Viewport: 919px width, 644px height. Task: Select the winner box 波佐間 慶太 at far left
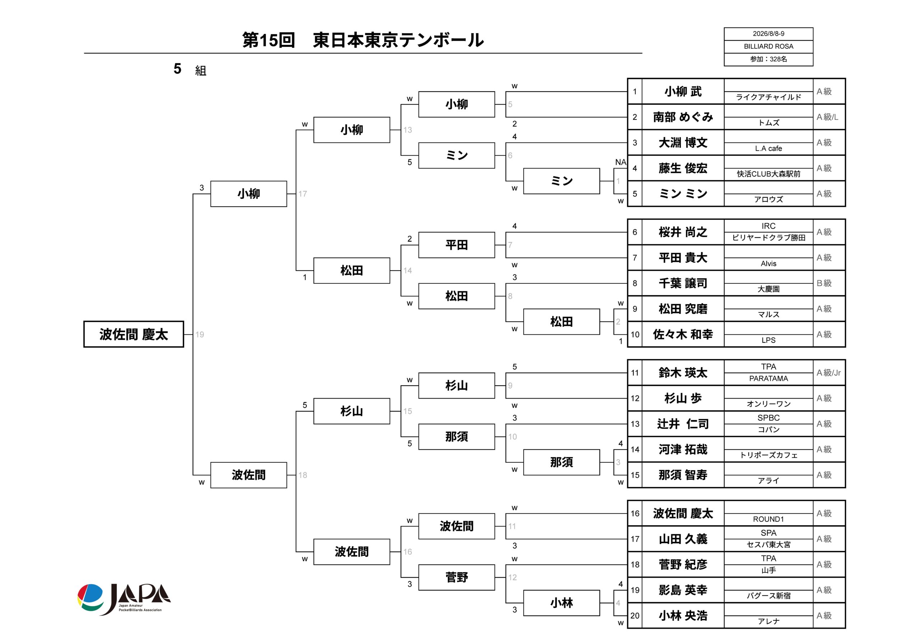(134, 334)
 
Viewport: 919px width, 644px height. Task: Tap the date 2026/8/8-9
(768, 34)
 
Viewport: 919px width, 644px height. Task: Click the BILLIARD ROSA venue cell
(768, 46)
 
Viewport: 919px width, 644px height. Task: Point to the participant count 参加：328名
(768, 59)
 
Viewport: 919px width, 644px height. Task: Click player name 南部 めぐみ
(683, 117)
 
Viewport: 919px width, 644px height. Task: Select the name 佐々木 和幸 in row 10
(683, 334)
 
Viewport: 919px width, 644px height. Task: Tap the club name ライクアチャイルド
(768, 97)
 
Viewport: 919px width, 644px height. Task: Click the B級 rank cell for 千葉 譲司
(824, 283)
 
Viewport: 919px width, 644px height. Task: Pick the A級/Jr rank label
(829, 373)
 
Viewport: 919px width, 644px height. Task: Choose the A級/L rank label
(827, 117)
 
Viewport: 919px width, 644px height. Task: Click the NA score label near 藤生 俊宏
(620, 162)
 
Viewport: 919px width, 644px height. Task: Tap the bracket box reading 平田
(457, 245)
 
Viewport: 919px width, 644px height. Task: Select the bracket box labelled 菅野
(457, 577)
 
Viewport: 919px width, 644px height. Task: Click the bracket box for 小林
(561, 603)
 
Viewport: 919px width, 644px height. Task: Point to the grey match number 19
(200, 334)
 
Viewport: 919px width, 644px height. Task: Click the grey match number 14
(407, 271)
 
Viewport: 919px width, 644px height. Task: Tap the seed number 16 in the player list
(635, 513)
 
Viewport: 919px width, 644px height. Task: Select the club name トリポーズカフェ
(768, 455)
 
